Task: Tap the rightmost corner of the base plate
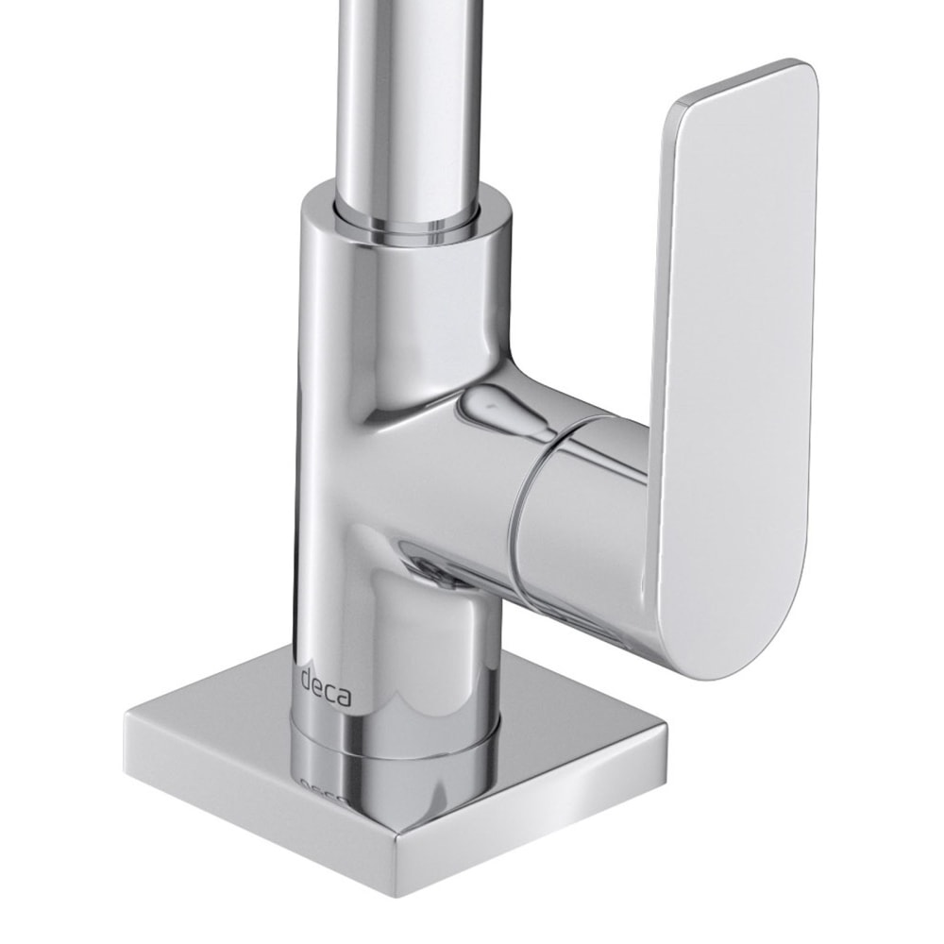[666, 732]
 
